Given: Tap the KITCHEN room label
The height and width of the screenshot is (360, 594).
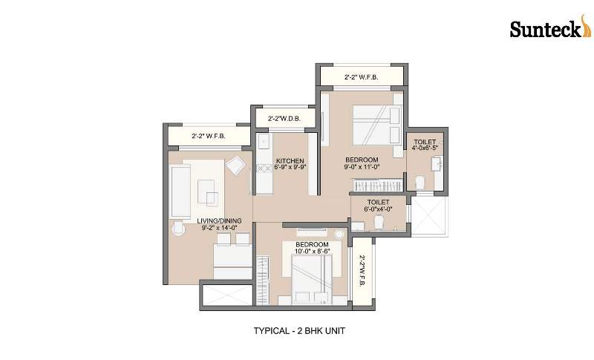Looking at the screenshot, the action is click(290, 161).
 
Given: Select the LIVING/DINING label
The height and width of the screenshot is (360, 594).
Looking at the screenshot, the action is click(219, 220).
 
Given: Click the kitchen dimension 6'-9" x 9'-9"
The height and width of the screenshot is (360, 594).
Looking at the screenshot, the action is click(290, 166).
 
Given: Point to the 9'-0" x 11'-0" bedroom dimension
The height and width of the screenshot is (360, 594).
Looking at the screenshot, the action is click(362, 166).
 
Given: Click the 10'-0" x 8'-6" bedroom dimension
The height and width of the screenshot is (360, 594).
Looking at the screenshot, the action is click(313, 251).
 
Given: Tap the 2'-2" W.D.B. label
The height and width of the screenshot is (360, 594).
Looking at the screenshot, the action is click(284, 119).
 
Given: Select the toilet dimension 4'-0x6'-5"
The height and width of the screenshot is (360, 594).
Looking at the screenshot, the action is click(425, 148).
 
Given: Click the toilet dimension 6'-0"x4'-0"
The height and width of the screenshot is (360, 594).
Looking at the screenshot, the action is click(378, 209).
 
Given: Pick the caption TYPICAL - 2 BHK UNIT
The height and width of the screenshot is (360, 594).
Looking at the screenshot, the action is click(299, 330).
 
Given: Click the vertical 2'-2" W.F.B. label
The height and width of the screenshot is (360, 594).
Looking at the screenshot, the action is click(362, 271).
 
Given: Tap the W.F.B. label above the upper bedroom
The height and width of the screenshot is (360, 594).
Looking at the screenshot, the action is click(361, 77).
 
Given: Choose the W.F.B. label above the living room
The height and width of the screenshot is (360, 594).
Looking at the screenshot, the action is click(209, 136).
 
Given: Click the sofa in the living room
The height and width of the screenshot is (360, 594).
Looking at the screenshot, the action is click(180, 192).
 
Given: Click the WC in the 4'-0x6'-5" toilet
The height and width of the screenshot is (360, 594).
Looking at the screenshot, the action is click(420, 183).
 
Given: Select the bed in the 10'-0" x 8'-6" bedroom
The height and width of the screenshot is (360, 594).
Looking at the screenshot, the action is click(311, 279).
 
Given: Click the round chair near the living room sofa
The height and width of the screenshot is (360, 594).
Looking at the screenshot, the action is click(177, 229).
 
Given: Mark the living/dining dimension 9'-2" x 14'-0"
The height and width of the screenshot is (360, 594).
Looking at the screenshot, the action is click(219, 228).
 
